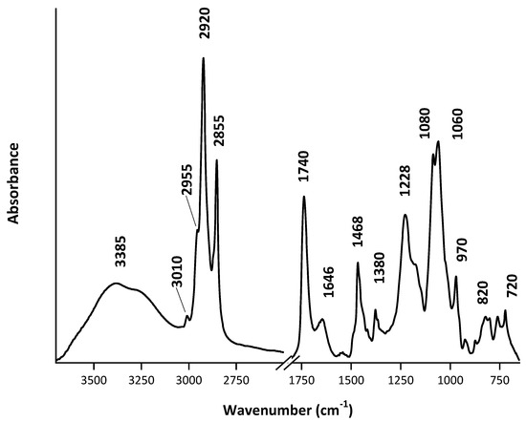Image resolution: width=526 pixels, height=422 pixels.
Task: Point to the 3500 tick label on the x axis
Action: [94, 378]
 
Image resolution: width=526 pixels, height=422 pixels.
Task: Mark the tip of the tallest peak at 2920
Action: [203, 58]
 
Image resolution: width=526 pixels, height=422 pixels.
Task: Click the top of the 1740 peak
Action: [304, 197]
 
